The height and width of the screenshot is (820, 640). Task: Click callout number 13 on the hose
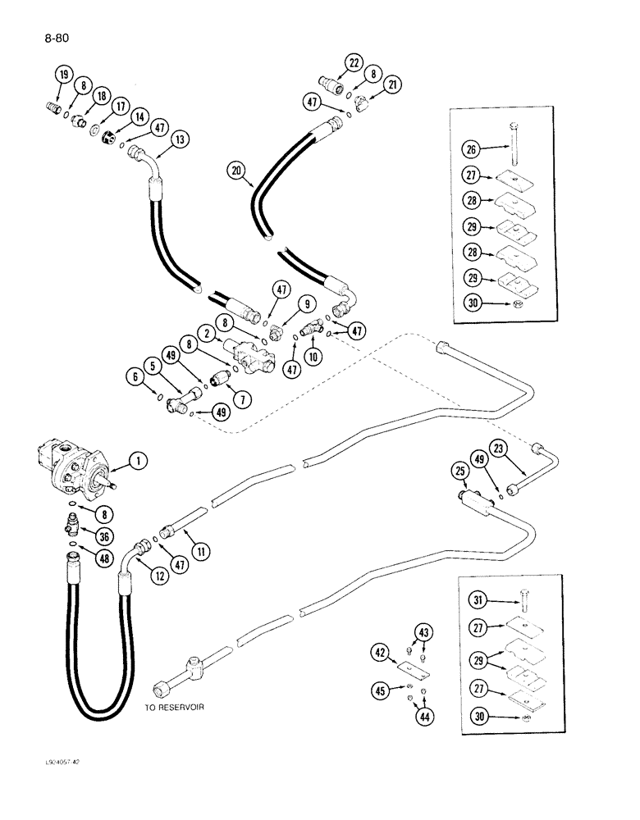click(x=180, y=140)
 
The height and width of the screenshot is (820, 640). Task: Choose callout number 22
click(x=353, y=63)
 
